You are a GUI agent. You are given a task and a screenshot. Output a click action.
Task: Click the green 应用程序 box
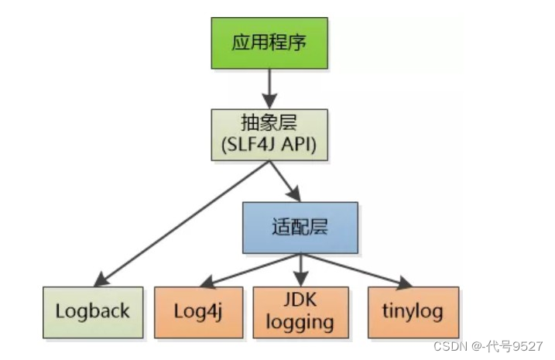click(x=269, y=43)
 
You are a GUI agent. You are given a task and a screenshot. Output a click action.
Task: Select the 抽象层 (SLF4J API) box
click(x=269, y=135)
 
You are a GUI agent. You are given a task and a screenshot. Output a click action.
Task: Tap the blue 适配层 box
click(x=300, y=227)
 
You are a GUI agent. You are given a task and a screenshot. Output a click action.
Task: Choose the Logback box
click(x=92, y=312)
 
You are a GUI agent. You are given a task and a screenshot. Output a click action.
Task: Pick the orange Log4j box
click(x=200, y=312)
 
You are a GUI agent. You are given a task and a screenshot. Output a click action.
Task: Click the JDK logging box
click(x=300, y=312)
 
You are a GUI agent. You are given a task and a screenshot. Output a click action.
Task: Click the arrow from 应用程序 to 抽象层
click(x=269, y=88)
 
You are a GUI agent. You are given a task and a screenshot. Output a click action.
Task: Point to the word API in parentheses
click(x=300, y=146)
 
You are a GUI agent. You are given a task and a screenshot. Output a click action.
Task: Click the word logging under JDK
click(x=300, y=322)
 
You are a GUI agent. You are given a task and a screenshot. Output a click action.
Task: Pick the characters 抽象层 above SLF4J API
click(x=269, y=124)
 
